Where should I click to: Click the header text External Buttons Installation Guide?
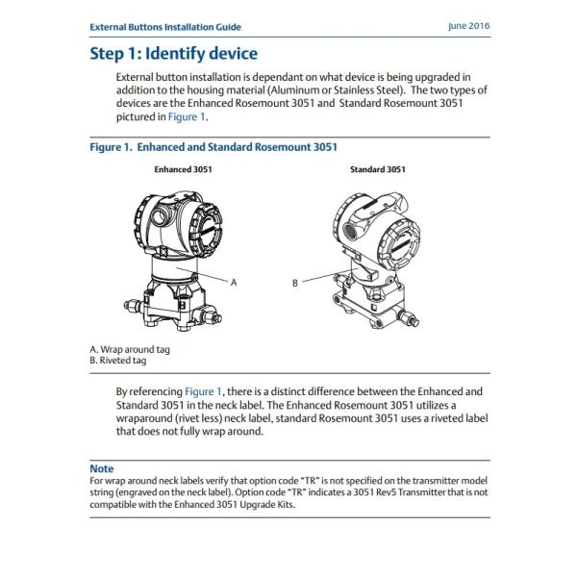164,28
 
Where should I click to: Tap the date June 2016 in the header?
468,27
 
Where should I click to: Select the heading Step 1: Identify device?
173,53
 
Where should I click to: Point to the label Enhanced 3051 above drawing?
183,169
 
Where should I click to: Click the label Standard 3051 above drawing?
377,169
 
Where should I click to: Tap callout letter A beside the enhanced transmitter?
234,281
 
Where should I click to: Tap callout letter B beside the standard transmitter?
294,283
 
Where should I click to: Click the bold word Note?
101,468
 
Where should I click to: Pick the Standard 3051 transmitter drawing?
375,250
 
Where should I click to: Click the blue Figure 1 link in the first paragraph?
188,116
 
